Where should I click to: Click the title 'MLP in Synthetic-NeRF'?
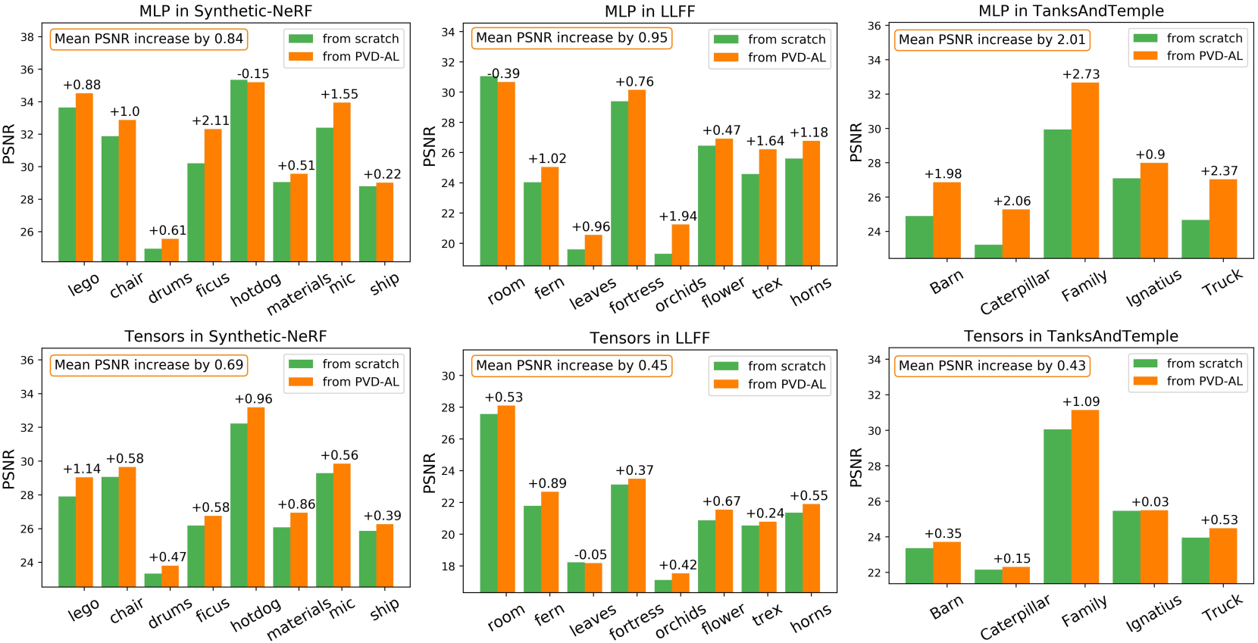pos(225,11)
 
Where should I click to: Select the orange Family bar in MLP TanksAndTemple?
pos(1084,170)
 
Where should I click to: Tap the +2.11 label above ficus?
pos(211,120)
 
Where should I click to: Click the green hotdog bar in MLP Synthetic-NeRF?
pos(239,170)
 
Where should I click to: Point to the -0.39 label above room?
pos(503,73)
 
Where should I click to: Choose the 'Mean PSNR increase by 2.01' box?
pos(992,39)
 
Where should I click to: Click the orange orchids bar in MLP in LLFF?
pos(681,245)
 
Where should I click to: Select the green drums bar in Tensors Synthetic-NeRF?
pos(153,580)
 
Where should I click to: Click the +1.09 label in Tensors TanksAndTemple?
pos(1081,401)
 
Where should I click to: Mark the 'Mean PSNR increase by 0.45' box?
pos(571,366)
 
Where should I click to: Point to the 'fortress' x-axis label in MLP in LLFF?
pos(636,295)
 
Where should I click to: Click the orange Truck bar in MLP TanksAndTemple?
pos(1223,219)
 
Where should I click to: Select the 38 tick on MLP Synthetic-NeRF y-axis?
pos(27,37)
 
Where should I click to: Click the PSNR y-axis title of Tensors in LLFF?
pos(430,473)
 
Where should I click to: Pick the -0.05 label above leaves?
pos(590,555)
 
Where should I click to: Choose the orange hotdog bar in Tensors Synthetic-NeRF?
pos(256,497)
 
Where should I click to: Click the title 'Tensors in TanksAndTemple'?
pos(1070,336)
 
